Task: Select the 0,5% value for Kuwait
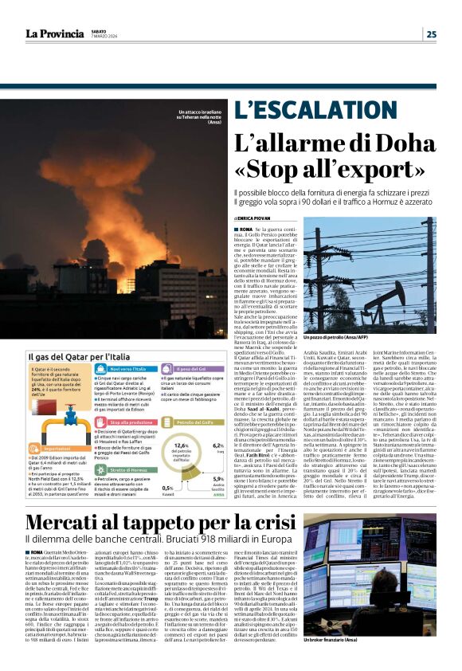click(x=166, y=487)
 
